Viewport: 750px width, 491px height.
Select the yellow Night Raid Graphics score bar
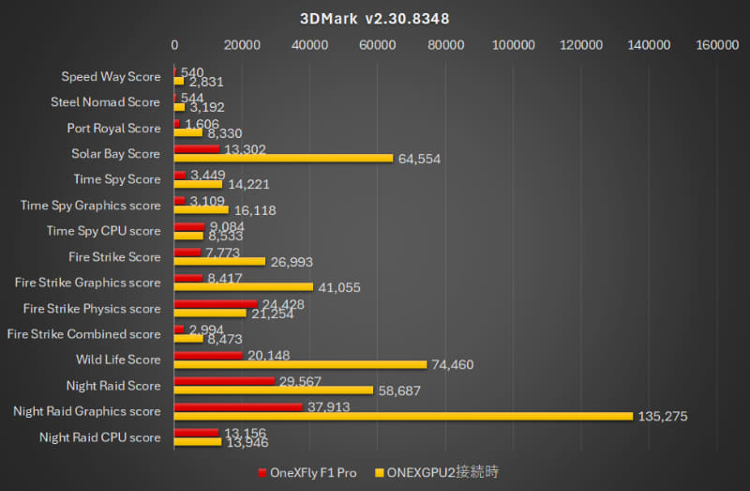point(403,416)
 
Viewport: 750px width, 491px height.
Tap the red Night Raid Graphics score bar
point(238,407)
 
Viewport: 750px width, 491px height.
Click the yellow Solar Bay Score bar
point(283,158)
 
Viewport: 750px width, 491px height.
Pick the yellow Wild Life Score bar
point(300,364)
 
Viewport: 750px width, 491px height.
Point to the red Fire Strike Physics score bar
point(215,303)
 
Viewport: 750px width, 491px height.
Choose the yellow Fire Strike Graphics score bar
point(244,287)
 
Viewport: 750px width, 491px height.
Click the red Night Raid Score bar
point(224,380)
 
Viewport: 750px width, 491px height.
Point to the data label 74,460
point(455,365)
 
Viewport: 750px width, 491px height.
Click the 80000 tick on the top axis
point(445,44)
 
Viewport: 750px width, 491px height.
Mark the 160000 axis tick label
point(717,44)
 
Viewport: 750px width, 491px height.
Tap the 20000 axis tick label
point(242,44)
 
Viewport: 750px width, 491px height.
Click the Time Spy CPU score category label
point(104,231)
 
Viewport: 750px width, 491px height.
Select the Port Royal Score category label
point(113,128)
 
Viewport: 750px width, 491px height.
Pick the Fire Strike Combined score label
point(83,334)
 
